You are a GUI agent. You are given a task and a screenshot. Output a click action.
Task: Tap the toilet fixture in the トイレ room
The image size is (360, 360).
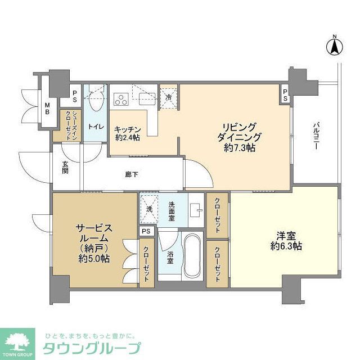point(95,100)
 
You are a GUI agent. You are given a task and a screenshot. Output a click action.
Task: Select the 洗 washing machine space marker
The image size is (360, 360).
point(149,209)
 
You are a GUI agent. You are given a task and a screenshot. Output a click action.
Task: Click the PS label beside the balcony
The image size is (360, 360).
point(285,95)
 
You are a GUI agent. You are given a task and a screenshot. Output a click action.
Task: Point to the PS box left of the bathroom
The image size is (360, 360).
point(146,231)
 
